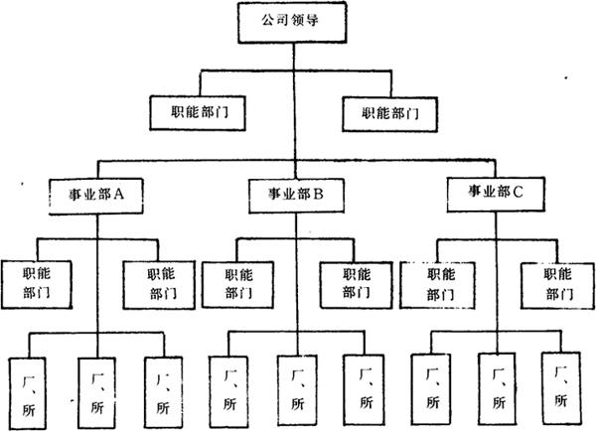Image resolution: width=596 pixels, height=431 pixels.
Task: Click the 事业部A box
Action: [95, 194]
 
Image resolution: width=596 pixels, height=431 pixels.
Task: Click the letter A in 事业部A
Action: [117, 194]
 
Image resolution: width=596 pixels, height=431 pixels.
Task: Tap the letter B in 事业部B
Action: [319, 194]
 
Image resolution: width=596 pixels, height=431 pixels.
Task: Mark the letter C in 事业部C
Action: [518, 191]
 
